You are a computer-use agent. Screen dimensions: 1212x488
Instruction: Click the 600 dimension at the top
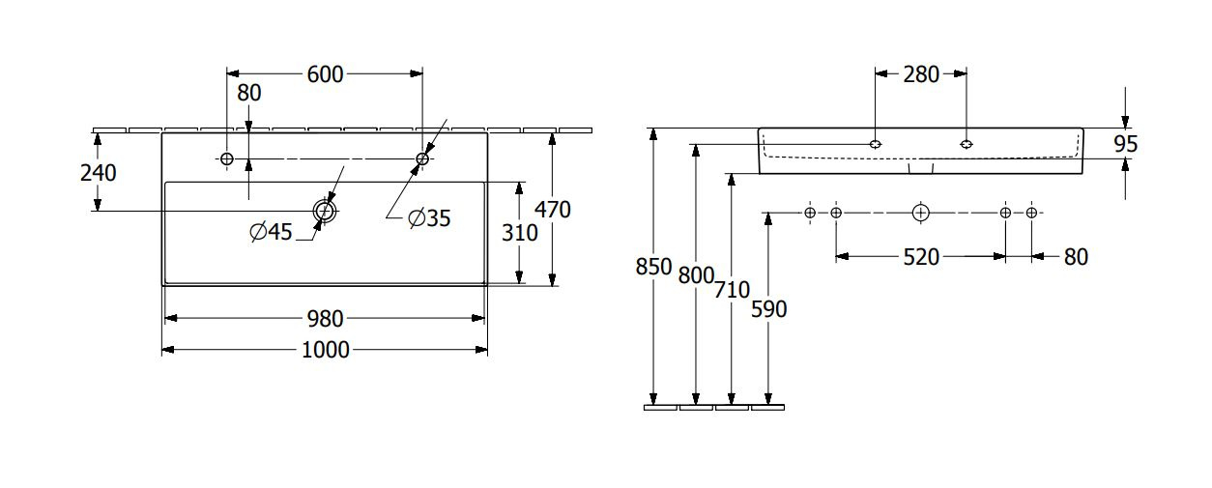point(325,74)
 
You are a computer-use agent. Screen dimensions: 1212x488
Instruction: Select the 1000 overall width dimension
point(325,350)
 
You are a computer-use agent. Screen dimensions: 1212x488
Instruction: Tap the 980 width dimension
point(325,319)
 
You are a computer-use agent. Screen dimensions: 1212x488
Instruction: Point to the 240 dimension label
point(99,173)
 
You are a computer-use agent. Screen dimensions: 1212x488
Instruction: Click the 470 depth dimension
point(553,210)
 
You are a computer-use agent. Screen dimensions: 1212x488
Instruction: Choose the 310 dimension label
point(519,233)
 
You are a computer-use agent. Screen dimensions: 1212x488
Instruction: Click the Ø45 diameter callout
point(271,232)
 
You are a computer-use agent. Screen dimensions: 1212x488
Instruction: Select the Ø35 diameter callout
point(429,218)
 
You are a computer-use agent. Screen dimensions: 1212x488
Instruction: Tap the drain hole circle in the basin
point(324,211)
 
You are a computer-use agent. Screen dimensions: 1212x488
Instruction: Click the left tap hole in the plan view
point(227,159)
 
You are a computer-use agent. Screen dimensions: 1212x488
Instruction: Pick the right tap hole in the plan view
point(422,159)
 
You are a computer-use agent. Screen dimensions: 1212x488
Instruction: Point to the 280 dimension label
point(921,74)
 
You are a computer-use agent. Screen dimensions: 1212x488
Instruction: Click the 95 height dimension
point(1125,144)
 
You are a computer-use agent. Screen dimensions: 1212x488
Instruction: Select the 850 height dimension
point(653,267)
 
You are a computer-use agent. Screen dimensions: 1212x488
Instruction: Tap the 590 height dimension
point(769,309)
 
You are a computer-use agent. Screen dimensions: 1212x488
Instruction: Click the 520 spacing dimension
point(921,257)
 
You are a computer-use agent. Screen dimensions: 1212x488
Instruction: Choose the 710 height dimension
point(732,290)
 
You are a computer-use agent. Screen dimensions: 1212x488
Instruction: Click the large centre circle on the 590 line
point(921,213)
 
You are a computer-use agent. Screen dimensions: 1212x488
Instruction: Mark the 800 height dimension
point(696,275)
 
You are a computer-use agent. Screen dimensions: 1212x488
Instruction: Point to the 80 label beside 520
point(1076,257)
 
